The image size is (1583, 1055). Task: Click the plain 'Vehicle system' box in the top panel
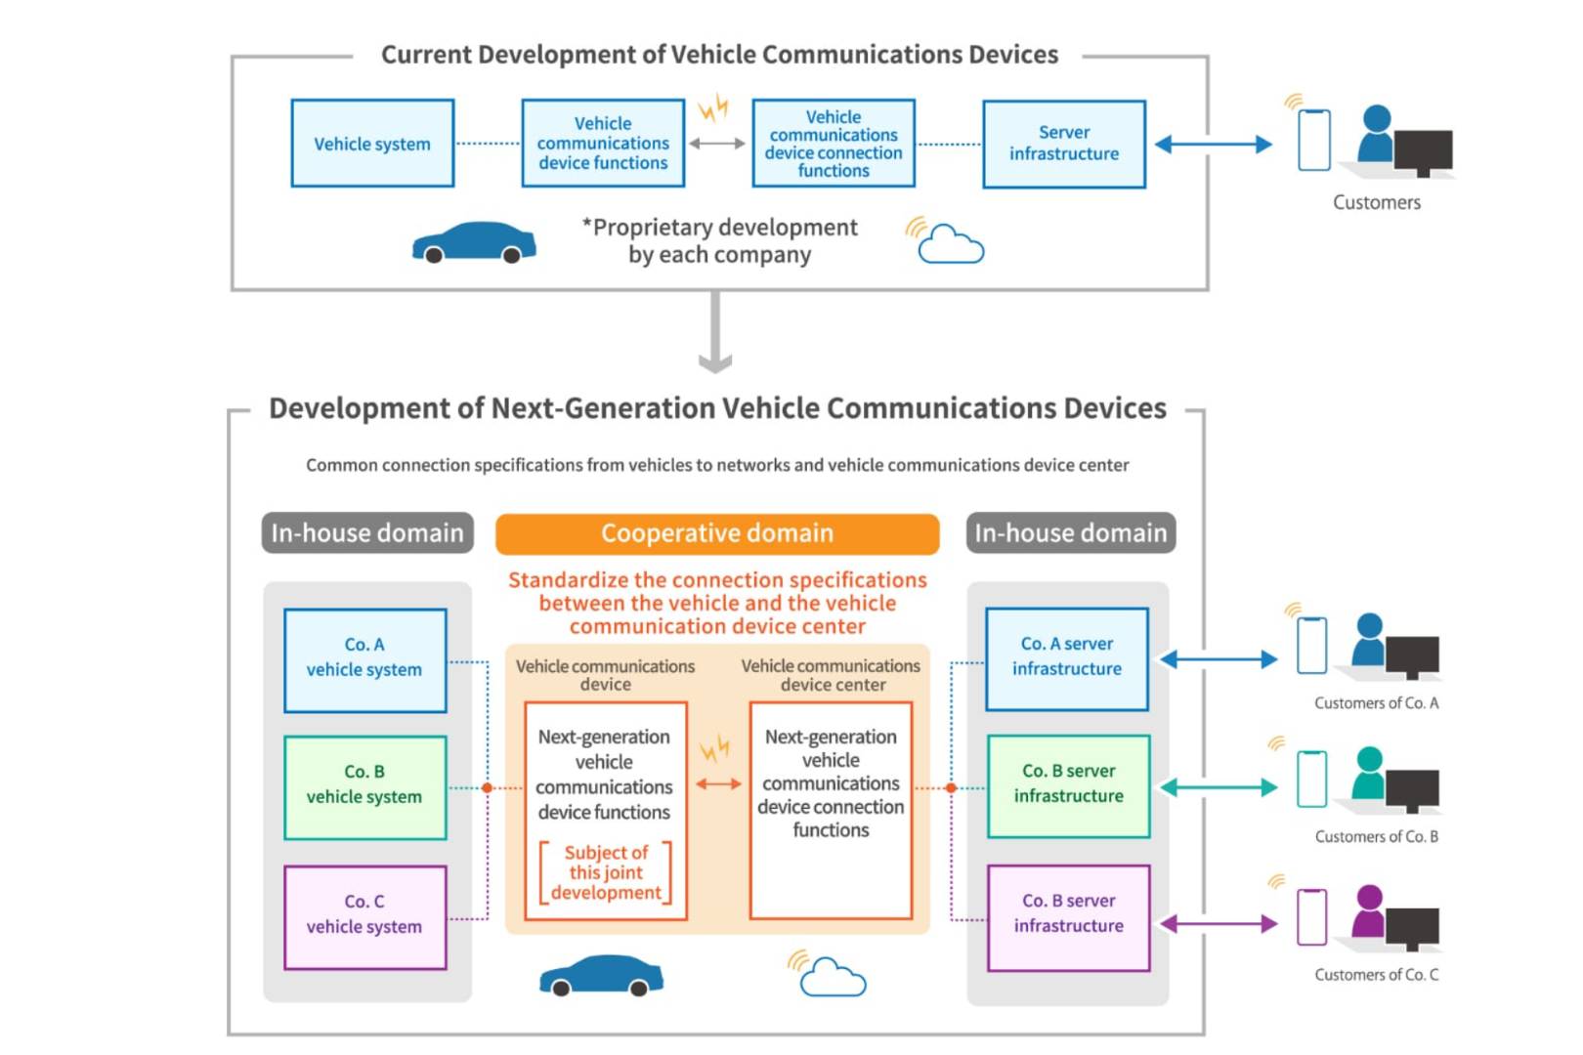pyautogui.click(x=372, y=144)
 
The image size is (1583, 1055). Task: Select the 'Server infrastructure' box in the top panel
pyautogui.click(x=1063, y=144)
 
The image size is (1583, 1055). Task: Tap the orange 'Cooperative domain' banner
pyautogui.click(x=716, y=533)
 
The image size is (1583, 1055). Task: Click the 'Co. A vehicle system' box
pyautogui.click(x=364, y=660)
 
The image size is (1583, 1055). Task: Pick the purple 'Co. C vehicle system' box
pyautogui.click(x=364, y=916)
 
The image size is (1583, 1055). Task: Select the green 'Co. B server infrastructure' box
pyautogui.click(x=1068, y=785)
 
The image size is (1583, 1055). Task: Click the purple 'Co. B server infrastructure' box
pyautogui.click(x=1068, y=916)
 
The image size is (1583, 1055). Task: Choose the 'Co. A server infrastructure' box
pyautogui.click(x=1066, y=658)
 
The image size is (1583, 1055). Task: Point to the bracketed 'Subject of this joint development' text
pyautogui.click(x=606, y=872)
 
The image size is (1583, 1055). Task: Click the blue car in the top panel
pyautogui.click(x=474, y=243)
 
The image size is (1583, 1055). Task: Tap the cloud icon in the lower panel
pyautogui.click(x=832, y=976)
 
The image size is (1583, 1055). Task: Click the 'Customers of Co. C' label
pyautogui.click(x=1376, y=975)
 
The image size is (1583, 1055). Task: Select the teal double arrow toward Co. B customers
pyautogui.click(x=1219, y=787)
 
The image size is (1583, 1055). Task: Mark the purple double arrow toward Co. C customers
pyautogui.click(x=1219, y=923)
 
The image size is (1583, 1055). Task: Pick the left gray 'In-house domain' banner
pyautogui.click(x=367, y=533)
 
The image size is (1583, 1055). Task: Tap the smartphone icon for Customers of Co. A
pyautogui.click(x=1311, y=646)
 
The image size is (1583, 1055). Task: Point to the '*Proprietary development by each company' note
pyautogui.click(x=720, y=240)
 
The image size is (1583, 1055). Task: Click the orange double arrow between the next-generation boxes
pyautogui.click(x=718, y=783)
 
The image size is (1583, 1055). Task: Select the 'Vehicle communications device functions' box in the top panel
pyautogui.click(x=603, y=144)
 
